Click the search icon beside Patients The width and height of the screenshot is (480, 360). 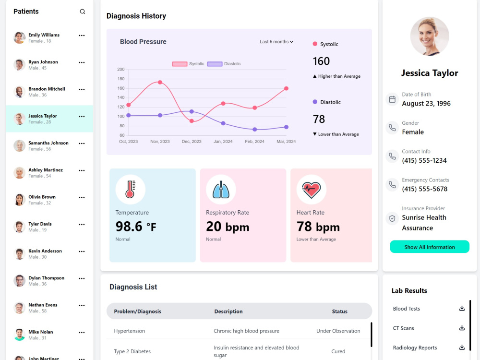(x=83, y=12)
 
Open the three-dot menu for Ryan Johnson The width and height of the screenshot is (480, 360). (x=82, y=62)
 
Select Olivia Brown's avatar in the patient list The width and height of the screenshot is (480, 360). (x=19, y=200)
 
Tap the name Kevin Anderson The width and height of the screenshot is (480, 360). (x=45, y=251)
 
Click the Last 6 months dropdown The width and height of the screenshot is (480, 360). (x=276, y=42)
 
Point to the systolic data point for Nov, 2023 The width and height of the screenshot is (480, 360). (x=160, y=83)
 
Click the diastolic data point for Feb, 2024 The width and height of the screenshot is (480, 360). (x=255, y=130)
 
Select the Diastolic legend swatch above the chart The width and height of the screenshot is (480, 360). (x=215, y=64)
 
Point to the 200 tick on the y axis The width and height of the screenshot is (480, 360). (x=121, y=70)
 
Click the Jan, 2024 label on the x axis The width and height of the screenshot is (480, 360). (x=223, y=142)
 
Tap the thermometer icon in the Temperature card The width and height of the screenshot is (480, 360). (x=131, y=189)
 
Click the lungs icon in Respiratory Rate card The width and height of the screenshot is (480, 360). (x=221, y=190)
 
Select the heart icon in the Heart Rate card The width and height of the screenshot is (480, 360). (x=312, y=190)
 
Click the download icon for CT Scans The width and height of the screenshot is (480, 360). (x=462, y=328)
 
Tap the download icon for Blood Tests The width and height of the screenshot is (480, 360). (x=462, y=309)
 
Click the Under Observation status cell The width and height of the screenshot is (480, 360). (x=338, y=331)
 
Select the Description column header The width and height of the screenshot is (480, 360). (x=228, y=312)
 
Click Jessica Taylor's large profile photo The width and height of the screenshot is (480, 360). (x=430, y=36)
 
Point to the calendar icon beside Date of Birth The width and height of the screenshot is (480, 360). (x=392, y=99)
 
